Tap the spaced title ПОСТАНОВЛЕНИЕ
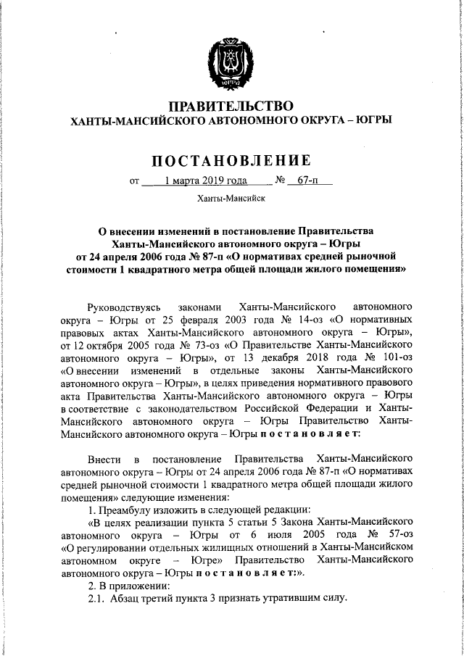(231, 160)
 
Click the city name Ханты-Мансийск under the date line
(231, 199)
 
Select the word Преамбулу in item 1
(125, 509)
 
